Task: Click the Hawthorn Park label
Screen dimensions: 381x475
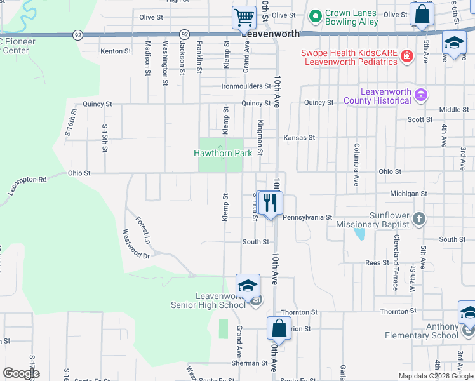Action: coord(223,153)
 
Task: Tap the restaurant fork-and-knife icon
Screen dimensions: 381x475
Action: coord(271,203)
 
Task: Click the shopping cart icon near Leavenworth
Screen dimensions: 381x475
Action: coord(244,17)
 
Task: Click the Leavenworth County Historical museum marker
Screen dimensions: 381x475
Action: coord(420,96)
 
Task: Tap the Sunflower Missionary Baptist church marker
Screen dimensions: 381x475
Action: coord(418,220)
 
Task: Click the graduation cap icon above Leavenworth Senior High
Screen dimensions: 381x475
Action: coord(248,285)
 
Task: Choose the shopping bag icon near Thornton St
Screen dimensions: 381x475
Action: coord(279,328)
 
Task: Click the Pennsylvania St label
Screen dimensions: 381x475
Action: coord(307,217)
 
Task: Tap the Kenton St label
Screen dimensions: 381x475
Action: coord(115,51)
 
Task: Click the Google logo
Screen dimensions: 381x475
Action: coord(21,373)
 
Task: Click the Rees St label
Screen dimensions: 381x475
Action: coord(377,262)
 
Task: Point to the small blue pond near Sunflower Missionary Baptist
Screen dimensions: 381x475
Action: coord(360,234)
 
